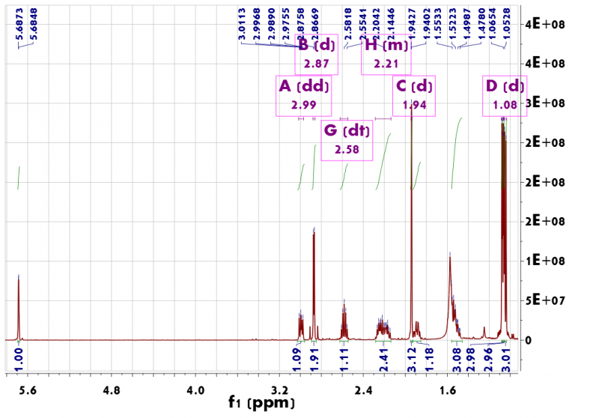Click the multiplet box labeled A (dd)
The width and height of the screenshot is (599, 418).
[302, 95]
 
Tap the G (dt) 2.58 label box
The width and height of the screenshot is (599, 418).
[347, 139]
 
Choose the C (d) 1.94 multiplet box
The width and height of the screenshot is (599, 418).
[414, 95]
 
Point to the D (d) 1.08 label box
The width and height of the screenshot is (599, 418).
[504, 95]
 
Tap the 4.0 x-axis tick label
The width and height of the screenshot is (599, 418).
[195, 390]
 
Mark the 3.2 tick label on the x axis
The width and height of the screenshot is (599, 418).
[280, 390]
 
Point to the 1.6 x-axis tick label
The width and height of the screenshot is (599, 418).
[449, 390]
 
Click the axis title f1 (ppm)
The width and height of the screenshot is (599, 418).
[261, 403]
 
